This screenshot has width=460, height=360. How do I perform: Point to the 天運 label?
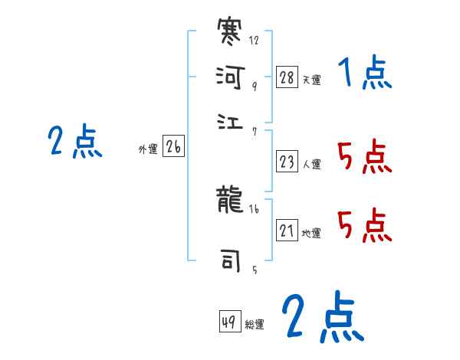pos(311,80)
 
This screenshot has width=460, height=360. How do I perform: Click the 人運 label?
pos(311,164)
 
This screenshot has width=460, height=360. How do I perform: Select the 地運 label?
pos(311,233)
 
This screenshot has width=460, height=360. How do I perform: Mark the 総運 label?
pos(255,324)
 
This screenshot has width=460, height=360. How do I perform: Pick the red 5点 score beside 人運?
pos(364,158)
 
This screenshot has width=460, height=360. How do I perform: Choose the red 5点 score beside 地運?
pos(364,226)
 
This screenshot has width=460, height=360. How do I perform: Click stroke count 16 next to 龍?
pos(255,209)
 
